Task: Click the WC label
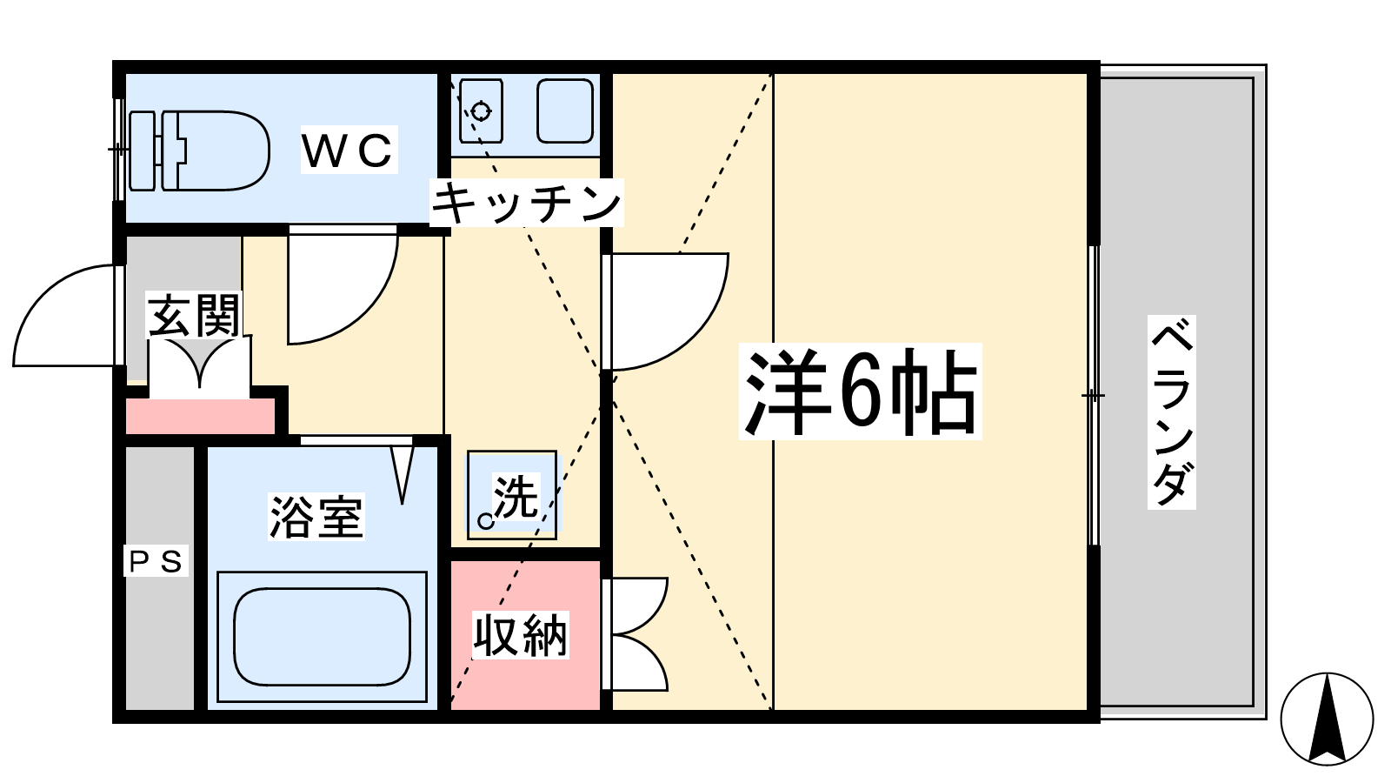point(349,149)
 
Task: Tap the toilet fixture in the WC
point(199,151)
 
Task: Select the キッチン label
point(526,203)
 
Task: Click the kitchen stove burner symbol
point(481,112)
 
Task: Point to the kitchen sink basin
point(565,111)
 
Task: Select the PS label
point(156,562)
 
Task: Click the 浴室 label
point(316,517)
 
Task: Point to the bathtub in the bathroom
point(323,637)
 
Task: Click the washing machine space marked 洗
point(512,495)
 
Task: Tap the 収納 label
point(521,635)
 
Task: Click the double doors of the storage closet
point(635,634)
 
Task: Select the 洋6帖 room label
point(860,391)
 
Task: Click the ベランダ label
point(1172,412)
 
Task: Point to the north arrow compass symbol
point(1327,719)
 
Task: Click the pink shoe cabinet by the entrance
point(201,417)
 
